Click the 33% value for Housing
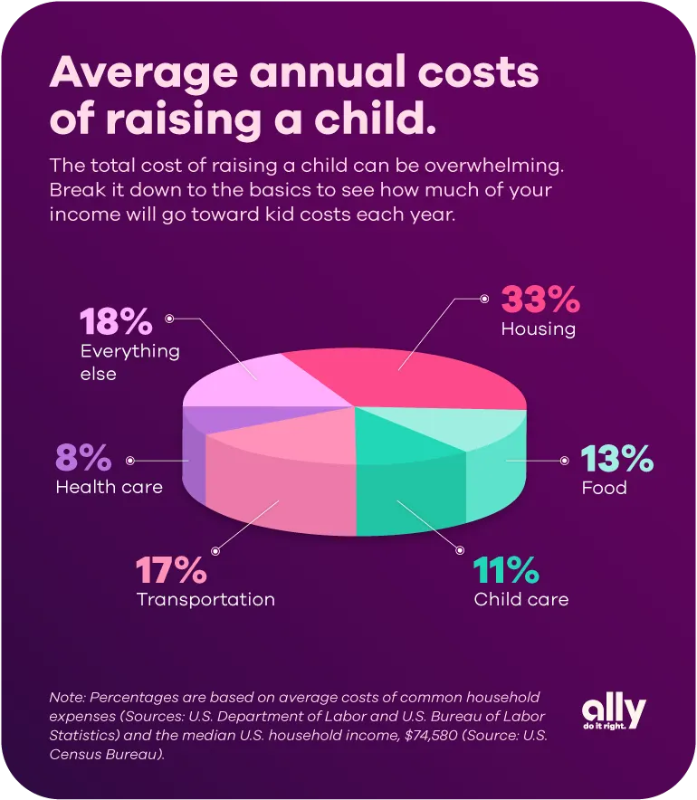[539, 300]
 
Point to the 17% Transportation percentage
[172, 572]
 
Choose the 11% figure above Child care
[506, 572]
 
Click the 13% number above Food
[616, 460]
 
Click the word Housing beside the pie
[538, 329]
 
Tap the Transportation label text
[205, 599]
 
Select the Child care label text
[521, 599]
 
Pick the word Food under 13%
[604, 488]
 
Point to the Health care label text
[110, 488]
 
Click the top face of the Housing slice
[416, 371]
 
